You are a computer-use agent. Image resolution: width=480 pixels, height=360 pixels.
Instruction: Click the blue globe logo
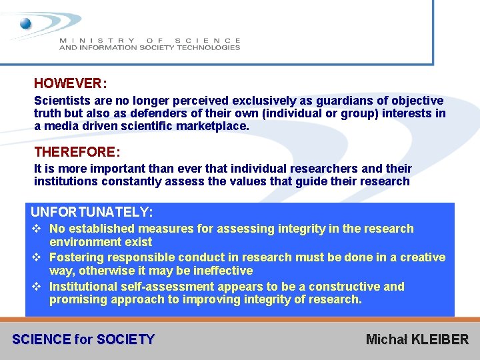tap(26, 24)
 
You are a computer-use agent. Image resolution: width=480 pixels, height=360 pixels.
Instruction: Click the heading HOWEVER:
tap(70, 84)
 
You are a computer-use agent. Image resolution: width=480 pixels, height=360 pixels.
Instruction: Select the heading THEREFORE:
tap(77, 152)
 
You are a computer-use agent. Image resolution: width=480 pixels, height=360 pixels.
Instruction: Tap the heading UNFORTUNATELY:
tap(92, 213)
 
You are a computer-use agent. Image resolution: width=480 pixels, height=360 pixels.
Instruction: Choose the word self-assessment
tap(158, 287)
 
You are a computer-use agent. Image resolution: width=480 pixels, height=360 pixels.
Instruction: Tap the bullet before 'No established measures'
tap(37, 229)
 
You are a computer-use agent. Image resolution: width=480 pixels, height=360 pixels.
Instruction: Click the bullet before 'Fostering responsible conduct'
tap(37, 257)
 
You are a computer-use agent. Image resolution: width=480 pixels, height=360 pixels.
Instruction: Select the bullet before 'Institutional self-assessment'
tap(37, 287)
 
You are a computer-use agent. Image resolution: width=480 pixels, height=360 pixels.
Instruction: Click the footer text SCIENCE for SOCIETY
tap(83, 339)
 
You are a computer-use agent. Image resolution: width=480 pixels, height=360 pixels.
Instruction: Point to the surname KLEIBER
tap(440, 339)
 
